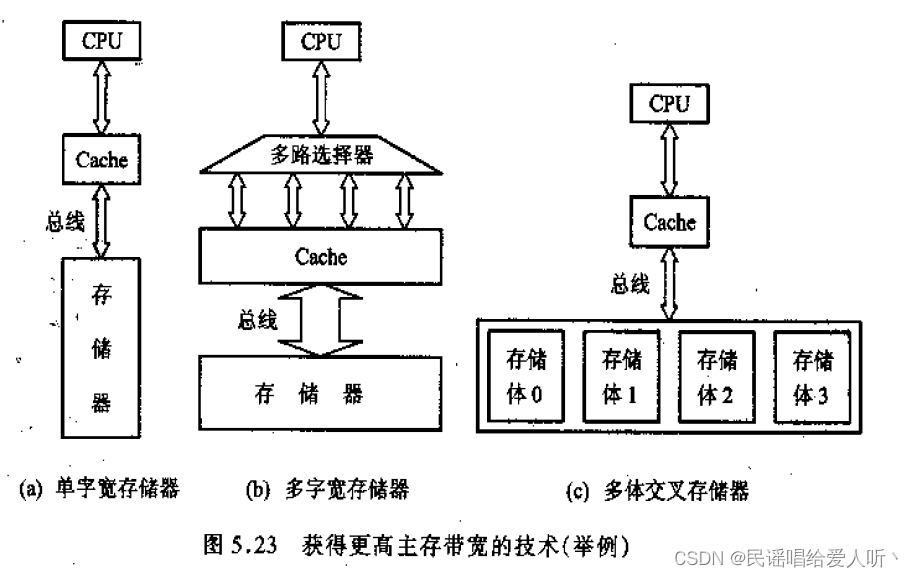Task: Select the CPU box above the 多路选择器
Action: (321, 40)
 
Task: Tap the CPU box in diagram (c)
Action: (669, 103)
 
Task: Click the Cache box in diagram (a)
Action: (102, 158)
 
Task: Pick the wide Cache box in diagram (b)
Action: (321, 256)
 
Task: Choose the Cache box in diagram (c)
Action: (669, 222)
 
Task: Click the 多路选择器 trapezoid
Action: (320, 155)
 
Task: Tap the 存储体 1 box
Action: (619, 376)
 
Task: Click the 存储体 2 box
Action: (715, 376)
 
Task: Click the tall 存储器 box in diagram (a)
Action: (101, 349)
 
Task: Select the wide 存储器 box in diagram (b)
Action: (319, 392)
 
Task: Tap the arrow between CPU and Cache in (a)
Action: (102, 98)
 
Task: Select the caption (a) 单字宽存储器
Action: (99, 489)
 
